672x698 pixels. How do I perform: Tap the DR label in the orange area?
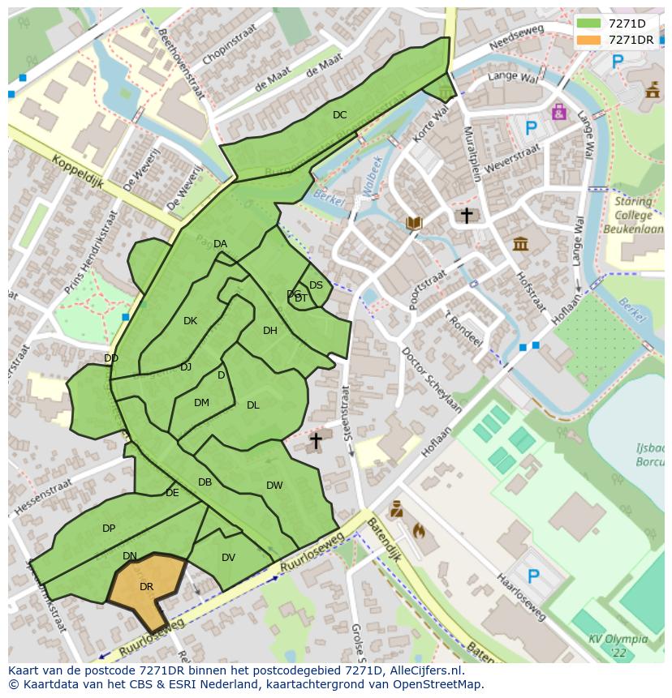click(146, 586)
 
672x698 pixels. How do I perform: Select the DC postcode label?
click(339, 115)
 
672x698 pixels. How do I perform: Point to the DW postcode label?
click(274, 486)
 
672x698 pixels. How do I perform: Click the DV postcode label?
click(228, 557)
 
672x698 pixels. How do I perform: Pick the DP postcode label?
click(109, 529)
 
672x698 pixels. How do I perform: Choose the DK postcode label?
click(190, 321)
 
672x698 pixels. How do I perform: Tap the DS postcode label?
click(316, 285)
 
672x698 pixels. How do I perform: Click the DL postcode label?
click(253, 405)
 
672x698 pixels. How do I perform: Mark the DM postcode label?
click(202, 403)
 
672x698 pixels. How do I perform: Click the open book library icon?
click(414, 222)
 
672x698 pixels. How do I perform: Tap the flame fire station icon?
click(419, 532)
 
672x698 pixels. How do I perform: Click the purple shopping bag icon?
click(558, 111)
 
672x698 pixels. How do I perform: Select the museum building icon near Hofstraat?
click(520, 242)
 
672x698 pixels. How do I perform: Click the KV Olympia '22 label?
click(618, 645)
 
